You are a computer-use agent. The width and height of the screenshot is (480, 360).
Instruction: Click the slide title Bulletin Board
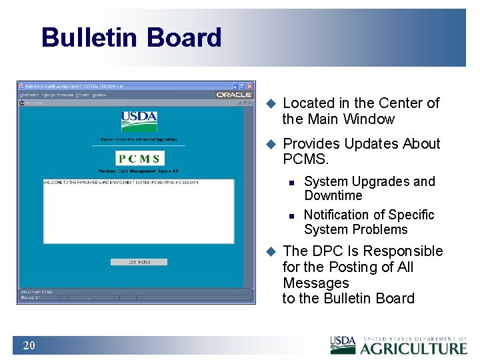131,37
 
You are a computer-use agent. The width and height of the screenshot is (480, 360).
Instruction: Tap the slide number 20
29,345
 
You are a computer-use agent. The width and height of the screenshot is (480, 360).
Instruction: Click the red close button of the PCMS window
250,86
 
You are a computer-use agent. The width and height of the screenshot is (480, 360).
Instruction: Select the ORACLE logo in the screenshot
234,95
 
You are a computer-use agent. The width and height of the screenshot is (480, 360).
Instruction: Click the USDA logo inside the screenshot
139,121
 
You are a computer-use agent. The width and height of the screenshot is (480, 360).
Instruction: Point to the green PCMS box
139,159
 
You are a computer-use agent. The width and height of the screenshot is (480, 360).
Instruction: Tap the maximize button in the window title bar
242,86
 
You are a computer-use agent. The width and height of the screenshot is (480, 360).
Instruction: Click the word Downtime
333,195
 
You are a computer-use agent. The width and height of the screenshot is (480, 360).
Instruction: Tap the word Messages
315,283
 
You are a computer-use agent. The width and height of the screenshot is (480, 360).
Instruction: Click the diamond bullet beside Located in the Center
271,103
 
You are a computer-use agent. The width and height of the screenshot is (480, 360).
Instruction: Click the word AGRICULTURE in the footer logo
413,348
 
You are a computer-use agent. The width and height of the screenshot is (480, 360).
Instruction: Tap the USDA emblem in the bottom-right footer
343,345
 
